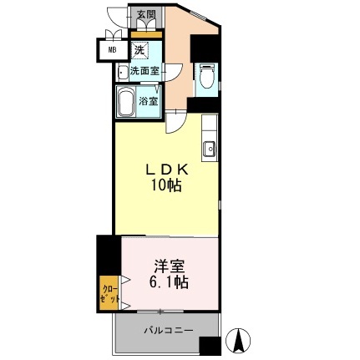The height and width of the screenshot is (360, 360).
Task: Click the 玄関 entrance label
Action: (x=147, y=15)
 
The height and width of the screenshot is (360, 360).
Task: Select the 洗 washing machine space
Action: (x=139, y=51)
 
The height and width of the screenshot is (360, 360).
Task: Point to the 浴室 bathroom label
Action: (x=149, y=101)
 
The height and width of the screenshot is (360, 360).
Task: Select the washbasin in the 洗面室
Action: (x=123, y=72)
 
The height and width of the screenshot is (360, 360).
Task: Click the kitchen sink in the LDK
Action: (x=208, y=150)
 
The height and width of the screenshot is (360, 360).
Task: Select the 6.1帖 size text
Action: (x=170, y=284)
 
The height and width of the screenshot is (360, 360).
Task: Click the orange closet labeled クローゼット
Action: (x=107, y=293)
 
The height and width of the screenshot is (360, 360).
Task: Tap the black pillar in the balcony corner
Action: (x=210, y=345)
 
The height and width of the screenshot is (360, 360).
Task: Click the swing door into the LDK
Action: (x=175, y=121)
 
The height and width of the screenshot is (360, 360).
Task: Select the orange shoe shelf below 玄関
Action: (x=147, y=34)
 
